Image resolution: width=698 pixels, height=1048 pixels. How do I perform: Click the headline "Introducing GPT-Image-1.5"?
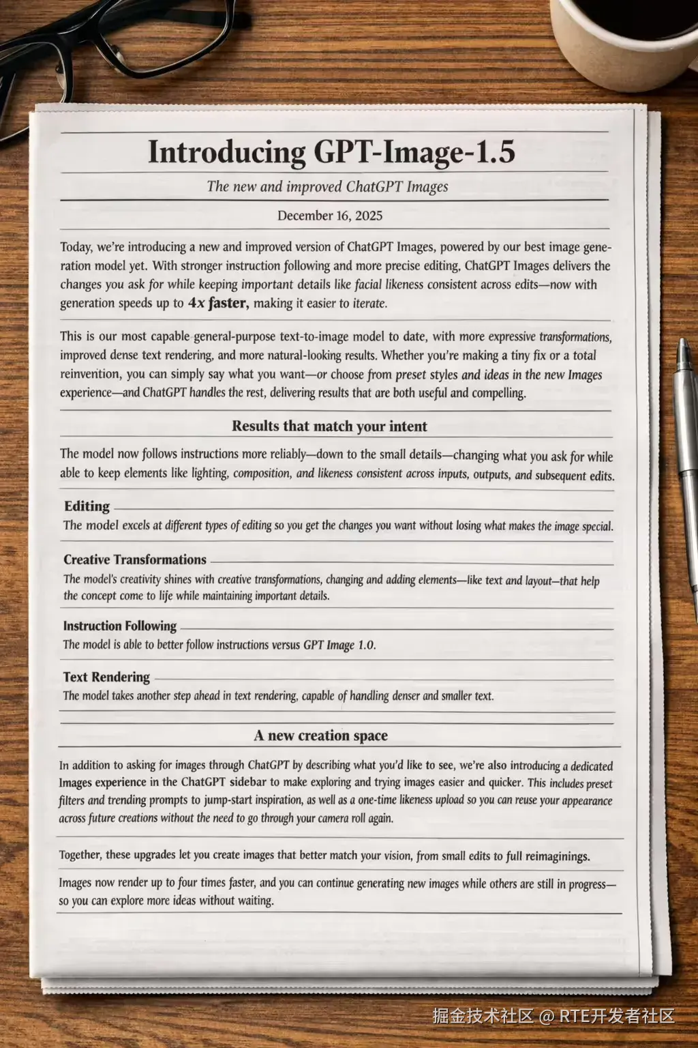pyautogui.click(x=331, y=151)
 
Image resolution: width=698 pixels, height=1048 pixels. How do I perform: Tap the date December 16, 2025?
pyautogui.click(x=330, y=216)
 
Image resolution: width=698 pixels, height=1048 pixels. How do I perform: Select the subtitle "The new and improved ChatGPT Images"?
pyautogui.click(x=328, y=186)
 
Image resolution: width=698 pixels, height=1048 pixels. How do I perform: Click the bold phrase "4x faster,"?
pyautogui.click(x=218, y=303)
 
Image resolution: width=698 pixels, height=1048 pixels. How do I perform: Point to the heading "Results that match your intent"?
pyautogui.click(x=329, y=426)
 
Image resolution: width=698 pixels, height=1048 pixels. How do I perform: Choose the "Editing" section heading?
pyautogui.click(x=87, y=506)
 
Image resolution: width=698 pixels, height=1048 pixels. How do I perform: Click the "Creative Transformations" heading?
pyautogui.click(x=135, y=559)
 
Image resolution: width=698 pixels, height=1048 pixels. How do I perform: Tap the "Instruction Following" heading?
pyautogui.click(x=120, y=626)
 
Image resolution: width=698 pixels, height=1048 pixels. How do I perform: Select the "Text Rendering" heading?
pyautogui.click(x=106, y=677)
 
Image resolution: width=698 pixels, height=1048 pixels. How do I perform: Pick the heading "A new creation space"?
pyautogui.click(x=320, y=736)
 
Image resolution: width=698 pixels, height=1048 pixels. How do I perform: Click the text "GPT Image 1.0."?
pyautogui.click(x=339, y=645)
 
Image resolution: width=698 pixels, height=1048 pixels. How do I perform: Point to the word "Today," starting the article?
pyautogui.click(x=76, y=247)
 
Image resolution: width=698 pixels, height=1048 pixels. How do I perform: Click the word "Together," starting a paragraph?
pyautogui.click(x=80, y=855)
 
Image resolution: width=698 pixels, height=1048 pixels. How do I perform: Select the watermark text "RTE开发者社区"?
pyautogui.click(x=617, y=1016)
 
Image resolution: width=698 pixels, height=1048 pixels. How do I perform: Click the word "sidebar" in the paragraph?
pyautogui.click(x=247, y=782)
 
